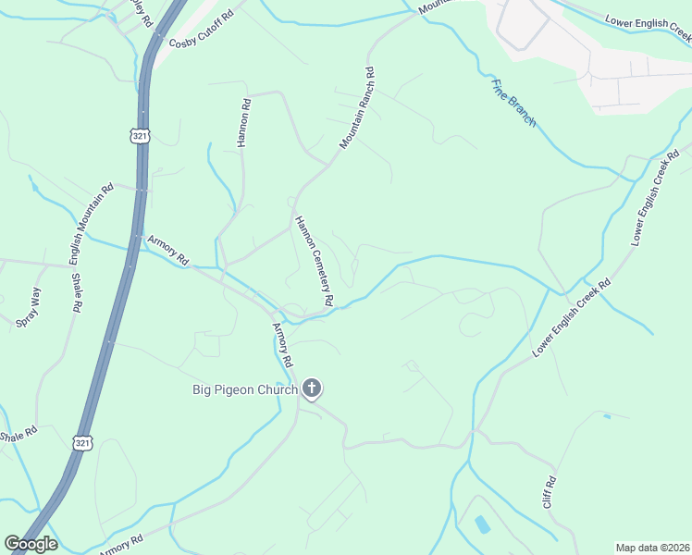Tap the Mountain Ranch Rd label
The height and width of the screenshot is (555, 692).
[356, 108]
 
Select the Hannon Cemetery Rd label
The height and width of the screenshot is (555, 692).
[314, 261]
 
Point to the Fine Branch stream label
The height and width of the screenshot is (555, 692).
[513, 102]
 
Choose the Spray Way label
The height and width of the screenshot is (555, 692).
[30, 308]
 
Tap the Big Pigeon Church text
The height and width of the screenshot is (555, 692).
[245, 389]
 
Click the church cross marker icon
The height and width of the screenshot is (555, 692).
[313, 389]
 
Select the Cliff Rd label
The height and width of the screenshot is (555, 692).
[549, 491]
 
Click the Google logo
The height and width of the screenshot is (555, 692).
[31, 544]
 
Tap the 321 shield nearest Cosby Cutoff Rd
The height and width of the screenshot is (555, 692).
[138, 135]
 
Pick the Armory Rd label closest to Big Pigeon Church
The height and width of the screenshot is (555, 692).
[282, 344]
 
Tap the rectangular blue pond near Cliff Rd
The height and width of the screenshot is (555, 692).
[482, 524]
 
